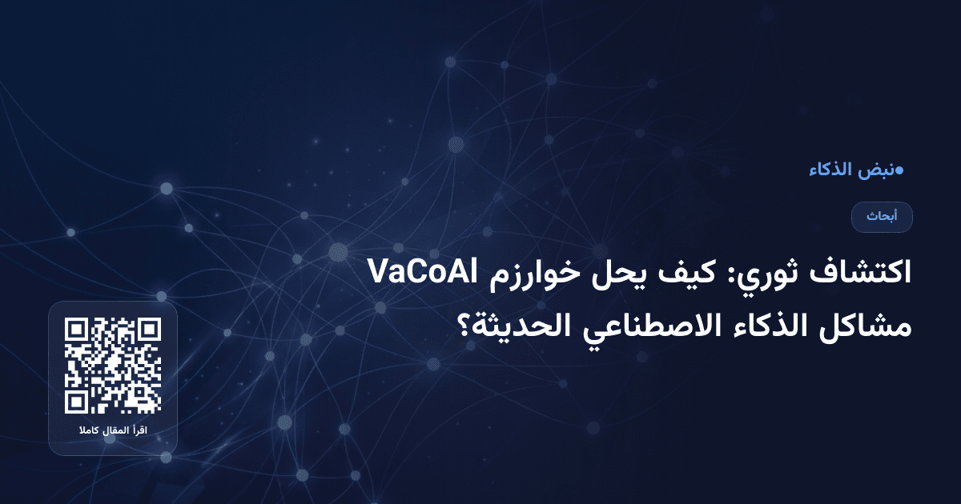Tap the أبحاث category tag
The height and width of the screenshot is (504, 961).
[x=882, y=217]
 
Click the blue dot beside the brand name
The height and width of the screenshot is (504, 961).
[x=899, y=170]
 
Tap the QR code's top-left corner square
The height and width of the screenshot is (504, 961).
[x=76, y=330]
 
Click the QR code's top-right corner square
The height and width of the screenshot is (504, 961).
[x=150, y=330]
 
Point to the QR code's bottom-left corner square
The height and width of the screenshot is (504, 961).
[x=76, y=402]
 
